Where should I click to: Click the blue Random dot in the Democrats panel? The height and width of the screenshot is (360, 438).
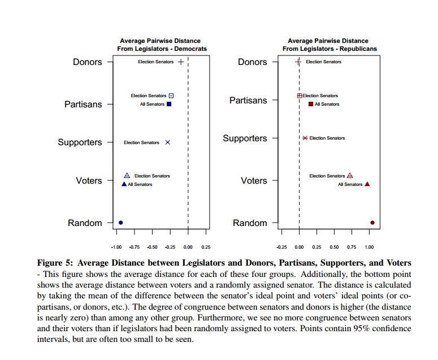click(120, 223)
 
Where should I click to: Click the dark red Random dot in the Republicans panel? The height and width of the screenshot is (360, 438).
click(372, 223)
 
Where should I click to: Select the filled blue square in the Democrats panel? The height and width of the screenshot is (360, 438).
click(169, 104)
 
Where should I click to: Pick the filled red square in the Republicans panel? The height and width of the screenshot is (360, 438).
click(310, 104)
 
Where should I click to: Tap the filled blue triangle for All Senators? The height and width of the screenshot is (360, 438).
click(124, 184)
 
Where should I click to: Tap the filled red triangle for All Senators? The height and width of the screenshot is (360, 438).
click(367, 184)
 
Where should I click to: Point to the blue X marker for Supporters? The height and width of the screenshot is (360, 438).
click(167, 142)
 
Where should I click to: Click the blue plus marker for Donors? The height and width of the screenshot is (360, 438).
click(180, 62)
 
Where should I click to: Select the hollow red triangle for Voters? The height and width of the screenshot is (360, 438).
click(350, 176)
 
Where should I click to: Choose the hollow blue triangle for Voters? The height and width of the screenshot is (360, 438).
click(127, 176)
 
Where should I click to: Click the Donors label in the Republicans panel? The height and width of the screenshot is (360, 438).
click(252, 62)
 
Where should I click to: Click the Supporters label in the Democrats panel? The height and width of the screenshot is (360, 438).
click(80, 142)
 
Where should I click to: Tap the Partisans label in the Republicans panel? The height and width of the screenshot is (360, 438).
click(248, 101)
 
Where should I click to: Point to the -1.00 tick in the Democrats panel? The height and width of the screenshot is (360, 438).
click(116, 247)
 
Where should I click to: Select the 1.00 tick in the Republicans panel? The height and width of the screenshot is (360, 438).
click(370, 247)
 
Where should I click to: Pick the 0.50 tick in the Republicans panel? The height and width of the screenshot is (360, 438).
click(335, 247)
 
